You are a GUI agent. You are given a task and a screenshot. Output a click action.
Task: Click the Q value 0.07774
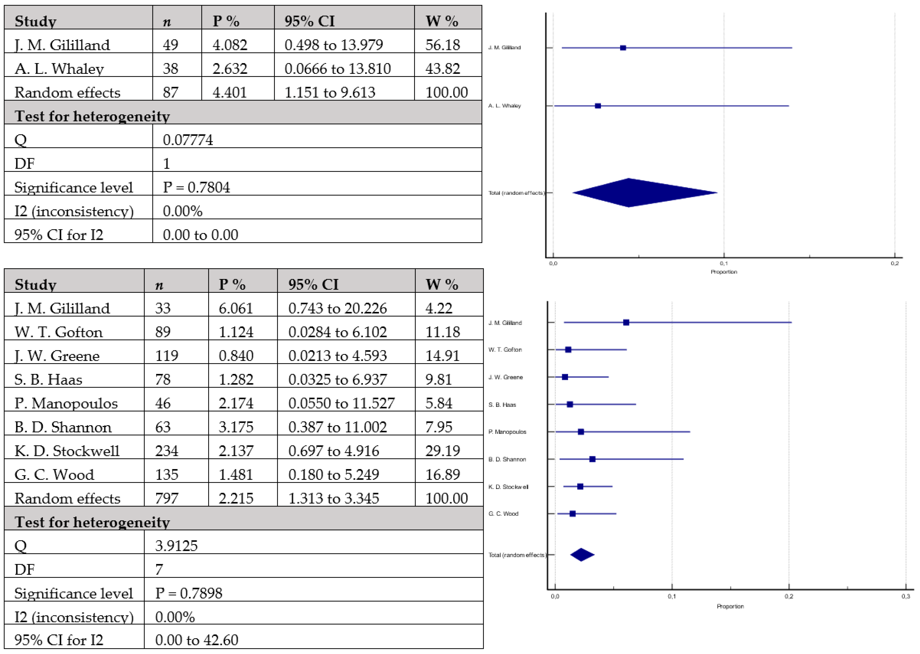(188, 140)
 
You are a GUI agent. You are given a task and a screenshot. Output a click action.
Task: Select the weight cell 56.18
(442, 45)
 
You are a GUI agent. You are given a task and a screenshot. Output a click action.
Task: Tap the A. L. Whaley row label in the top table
(59, 69)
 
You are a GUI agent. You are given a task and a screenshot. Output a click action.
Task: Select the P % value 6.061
(235, 308)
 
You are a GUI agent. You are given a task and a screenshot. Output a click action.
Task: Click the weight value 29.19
(442, 451)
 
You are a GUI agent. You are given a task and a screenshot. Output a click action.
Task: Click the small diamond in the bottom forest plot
(582, 555)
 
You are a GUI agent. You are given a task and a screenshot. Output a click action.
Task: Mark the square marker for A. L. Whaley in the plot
(598, 106)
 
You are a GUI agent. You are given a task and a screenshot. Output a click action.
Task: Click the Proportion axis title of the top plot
(723, 272)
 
